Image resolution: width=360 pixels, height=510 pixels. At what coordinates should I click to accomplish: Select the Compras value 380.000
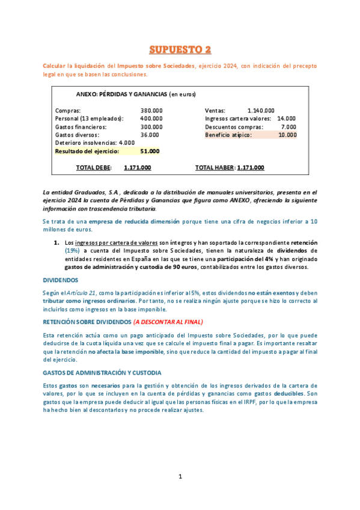coord(151,111)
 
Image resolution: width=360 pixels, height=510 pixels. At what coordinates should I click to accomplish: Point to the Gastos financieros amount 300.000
coord(151,127)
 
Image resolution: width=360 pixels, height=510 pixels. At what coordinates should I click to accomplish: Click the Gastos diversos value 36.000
coord(150,135)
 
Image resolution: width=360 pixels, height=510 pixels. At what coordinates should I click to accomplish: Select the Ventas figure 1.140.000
coord(261,111)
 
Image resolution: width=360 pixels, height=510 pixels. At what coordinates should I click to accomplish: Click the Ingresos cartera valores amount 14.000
coord(286,119)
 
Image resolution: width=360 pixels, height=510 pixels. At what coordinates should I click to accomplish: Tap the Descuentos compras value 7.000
coord(288,127)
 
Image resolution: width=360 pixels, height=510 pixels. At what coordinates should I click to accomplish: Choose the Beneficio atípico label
coord(228,135)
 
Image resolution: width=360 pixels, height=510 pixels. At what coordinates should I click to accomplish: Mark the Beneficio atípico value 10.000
coord(287,135)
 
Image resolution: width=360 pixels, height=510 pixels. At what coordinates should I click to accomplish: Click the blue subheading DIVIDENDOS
coord(60,280)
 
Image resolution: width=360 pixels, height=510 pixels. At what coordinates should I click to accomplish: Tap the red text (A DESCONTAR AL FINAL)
coord(168,322)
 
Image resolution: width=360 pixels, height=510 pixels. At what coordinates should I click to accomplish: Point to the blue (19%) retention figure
coord(75,250)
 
